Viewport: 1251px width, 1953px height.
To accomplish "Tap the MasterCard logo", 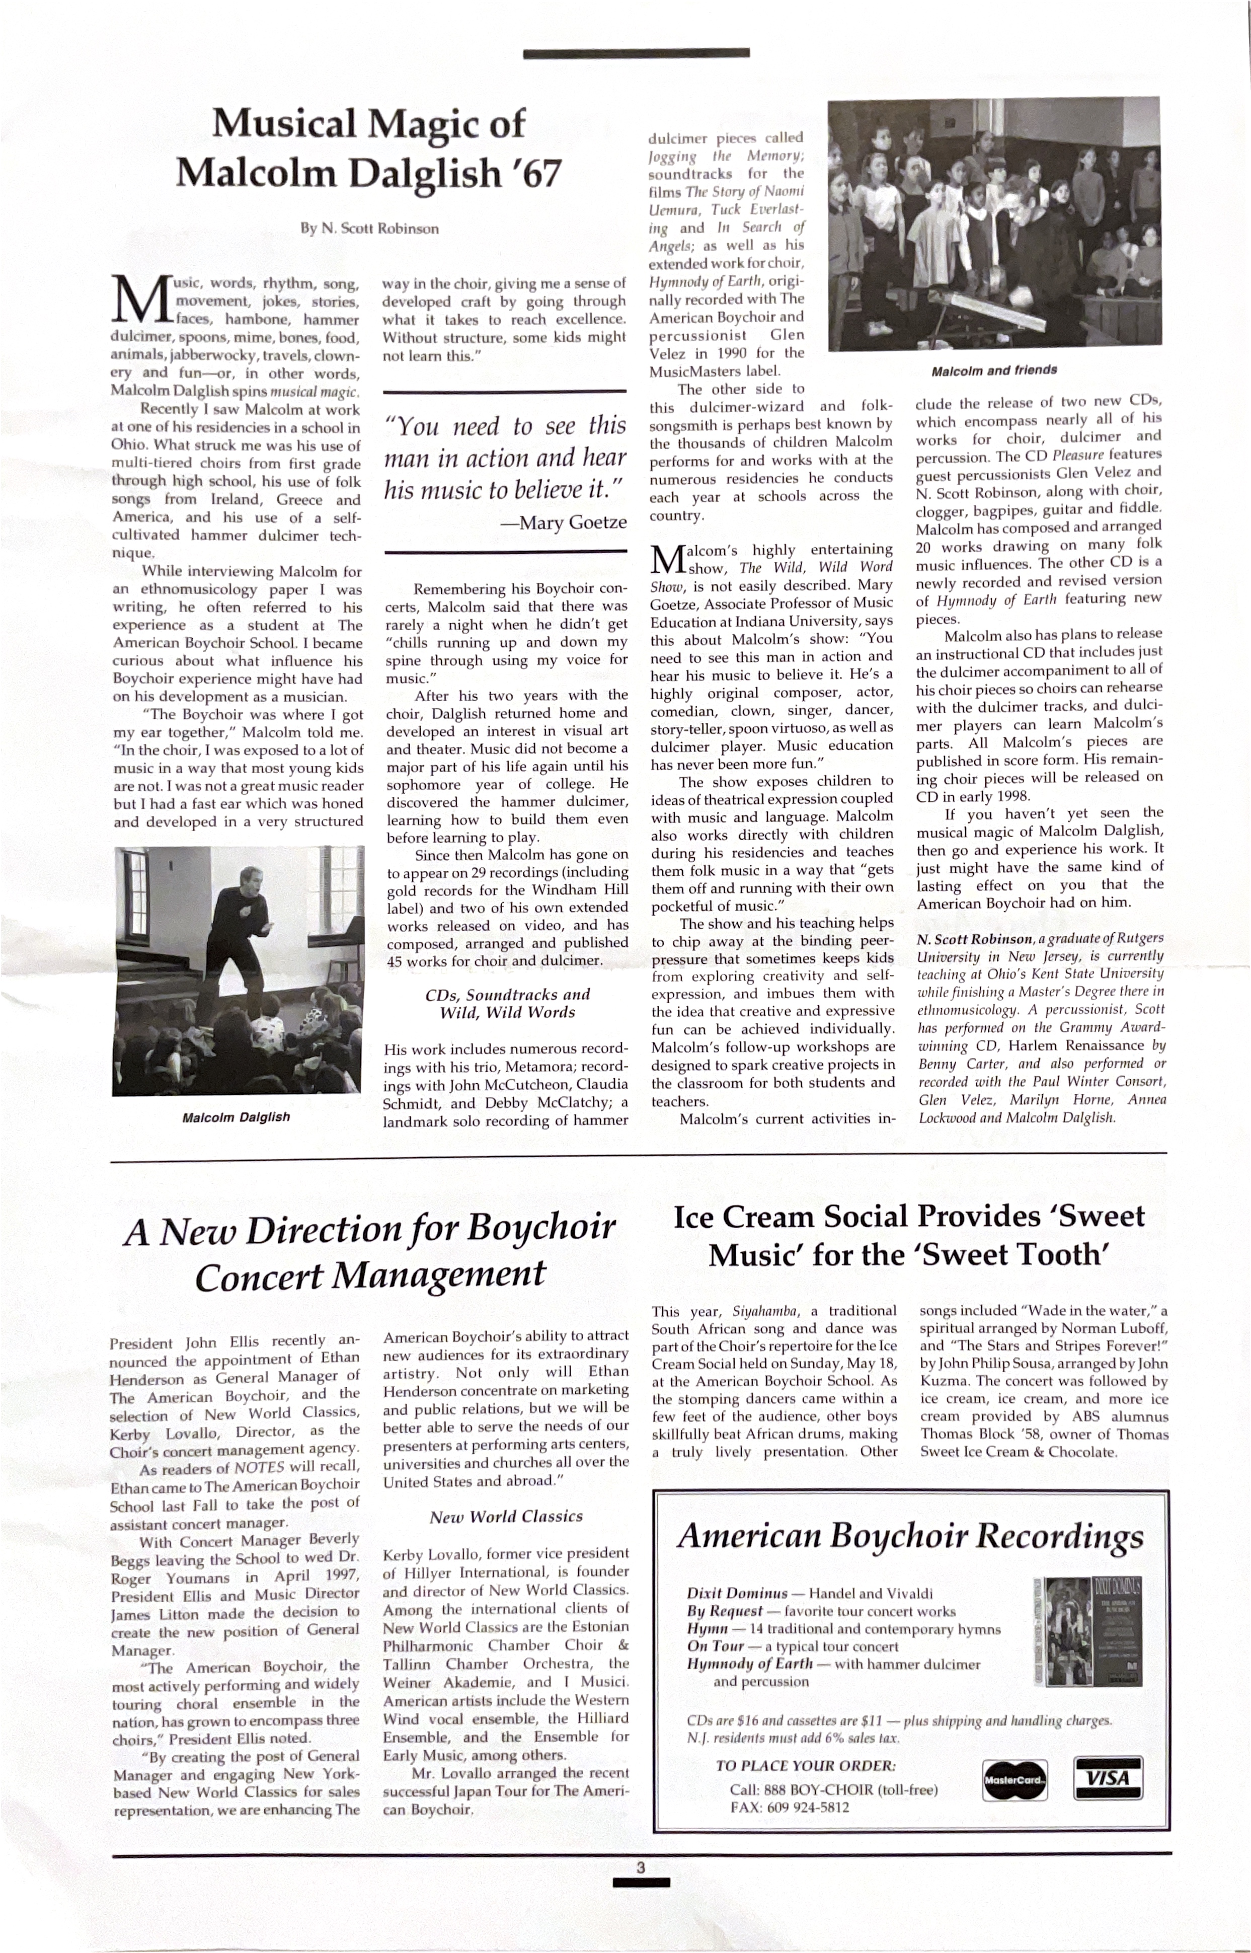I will point(1014,1780).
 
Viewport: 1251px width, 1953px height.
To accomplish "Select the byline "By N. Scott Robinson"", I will point(369,229).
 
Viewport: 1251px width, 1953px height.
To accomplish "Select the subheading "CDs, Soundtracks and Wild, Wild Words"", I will point(507,1003).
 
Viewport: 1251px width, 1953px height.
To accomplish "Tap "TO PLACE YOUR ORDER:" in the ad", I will point(805,1765).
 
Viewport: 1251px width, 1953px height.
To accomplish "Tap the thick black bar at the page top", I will point(636,54).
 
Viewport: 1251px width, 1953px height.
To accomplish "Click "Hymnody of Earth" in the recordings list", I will point(749,1663).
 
